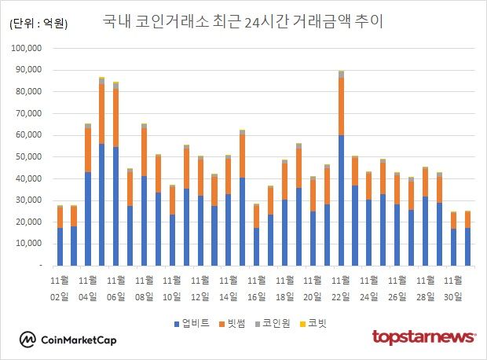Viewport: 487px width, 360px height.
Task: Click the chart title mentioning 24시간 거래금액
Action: [243, 21]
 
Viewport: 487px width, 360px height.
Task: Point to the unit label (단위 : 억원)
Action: [38, 24]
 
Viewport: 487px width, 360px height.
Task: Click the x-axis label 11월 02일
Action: [60, 287]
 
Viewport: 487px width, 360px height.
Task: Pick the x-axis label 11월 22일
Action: [340, 287]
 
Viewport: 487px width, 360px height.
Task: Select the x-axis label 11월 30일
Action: [453, 287]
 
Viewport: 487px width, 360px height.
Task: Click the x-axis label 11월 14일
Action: [229, 287]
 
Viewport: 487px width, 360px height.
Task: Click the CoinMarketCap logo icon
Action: [27, 340]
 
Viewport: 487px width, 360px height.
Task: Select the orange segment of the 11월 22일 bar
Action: [341, 107]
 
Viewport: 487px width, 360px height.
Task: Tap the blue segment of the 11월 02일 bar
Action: [60, 247]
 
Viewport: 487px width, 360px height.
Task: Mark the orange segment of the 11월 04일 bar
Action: [88, 150]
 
